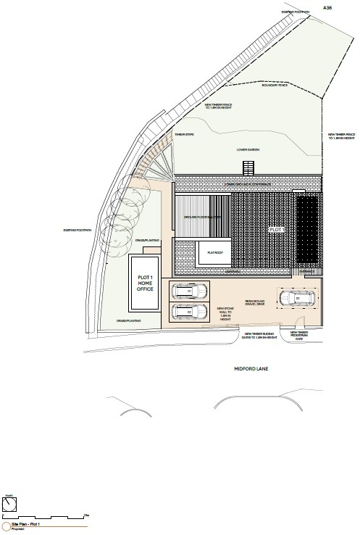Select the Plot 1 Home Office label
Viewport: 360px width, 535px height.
coord(146,281)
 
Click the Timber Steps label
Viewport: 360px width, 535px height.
coord(183,134)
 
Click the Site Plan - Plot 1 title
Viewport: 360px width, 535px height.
coord(26,523)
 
